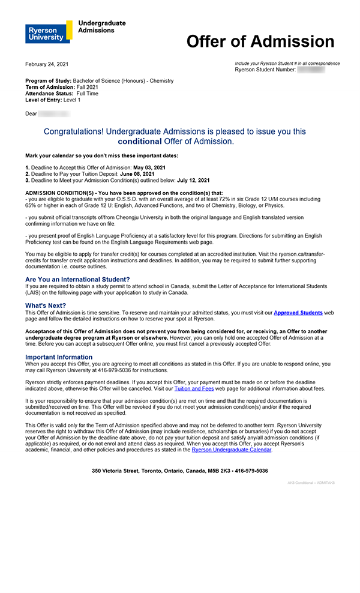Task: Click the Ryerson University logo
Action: click(x=48, y=31)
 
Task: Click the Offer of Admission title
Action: click(x=260, y=41)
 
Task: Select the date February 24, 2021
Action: click(x=47, y=64)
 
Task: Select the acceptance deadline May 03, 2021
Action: click(x=149, y=167)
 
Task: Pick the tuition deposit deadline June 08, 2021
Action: click(x=140, y=173)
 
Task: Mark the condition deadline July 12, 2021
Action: click(x=193, y=180)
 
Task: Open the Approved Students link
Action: click(x=298, y=313)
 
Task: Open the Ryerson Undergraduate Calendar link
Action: click(x=232, y=450)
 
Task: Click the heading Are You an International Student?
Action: click(x=77, y=279)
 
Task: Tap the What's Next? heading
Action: click(x=46, y=306)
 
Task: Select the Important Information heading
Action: click(x=59, y=357)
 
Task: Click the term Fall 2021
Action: click(x=88, y=87)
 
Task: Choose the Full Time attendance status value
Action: click(x=88, y=94)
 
